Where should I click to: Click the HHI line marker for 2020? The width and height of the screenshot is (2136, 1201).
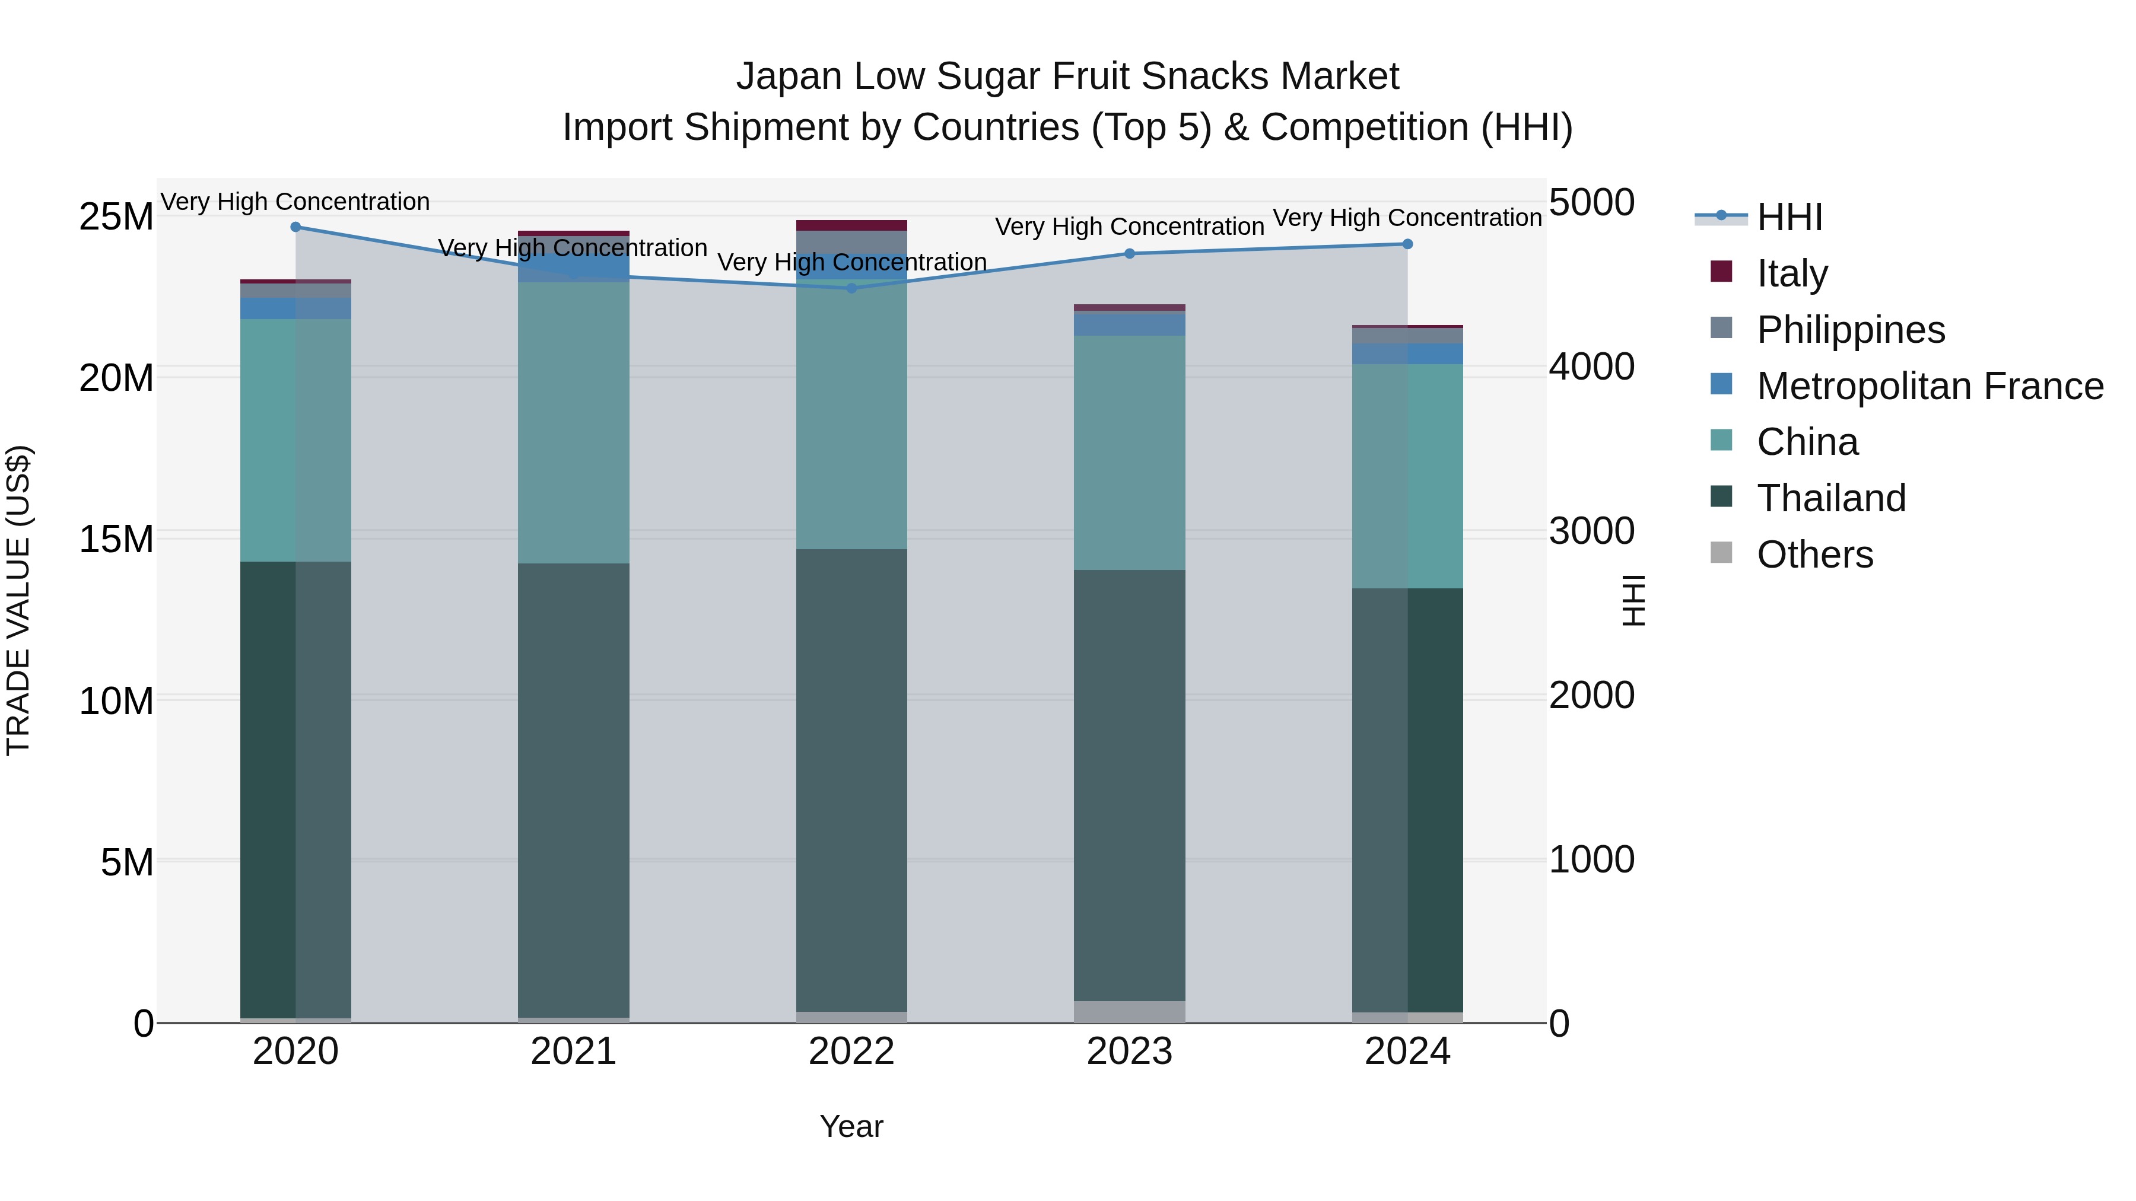[x=295, y=227]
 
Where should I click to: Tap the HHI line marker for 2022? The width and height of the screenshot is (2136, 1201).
[x=851, y=288]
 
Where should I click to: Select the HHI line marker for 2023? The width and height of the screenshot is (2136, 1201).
[x=1129, y=254]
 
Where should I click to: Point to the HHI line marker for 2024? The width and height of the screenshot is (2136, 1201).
[x=1407, y=244]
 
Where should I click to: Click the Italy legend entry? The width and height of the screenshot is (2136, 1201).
[x=1791, y=273]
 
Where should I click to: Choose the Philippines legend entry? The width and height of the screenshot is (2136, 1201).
[x=1850, y=330]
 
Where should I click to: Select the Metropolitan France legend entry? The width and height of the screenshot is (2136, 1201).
[x=1930, y=386]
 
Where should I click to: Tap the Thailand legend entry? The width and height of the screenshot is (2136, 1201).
[x=1831, y=498]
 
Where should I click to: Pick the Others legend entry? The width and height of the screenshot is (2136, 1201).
[x=1814, y=555]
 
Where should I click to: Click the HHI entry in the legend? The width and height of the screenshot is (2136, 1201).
[x=1789, y=217]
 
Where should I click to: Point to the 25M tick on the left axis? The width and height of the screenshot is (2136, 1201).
[x=116, y=217]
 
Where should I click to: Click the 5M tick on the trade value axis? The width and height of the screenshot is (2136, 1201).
[x=127, y=862]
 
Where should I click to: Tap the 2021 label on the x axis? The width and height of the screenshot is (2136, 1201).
[x=573, y=1052]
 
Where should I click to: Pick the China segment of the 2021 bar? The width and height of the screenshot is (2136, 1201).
[x=573, y=423]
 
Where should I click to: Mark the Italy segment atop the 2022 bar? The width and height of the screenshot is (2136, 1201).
[x=851, y=225]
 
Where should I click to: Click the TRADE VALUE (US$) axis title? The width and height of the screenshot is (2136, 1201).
[x=18, y=600]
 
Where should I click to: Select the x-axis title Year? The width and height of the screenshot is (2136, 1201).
[x=851, y=1126]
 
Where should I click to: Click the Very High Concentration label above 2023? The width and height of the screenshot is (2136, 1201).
[x=1129, y=227]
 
